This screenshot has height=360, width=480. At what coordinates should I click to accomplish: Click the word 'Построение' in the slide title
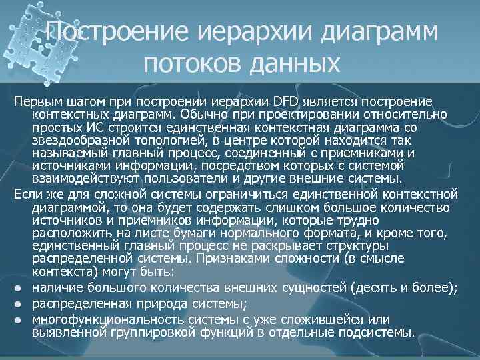pyautogui.click(x=111, y=33)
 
